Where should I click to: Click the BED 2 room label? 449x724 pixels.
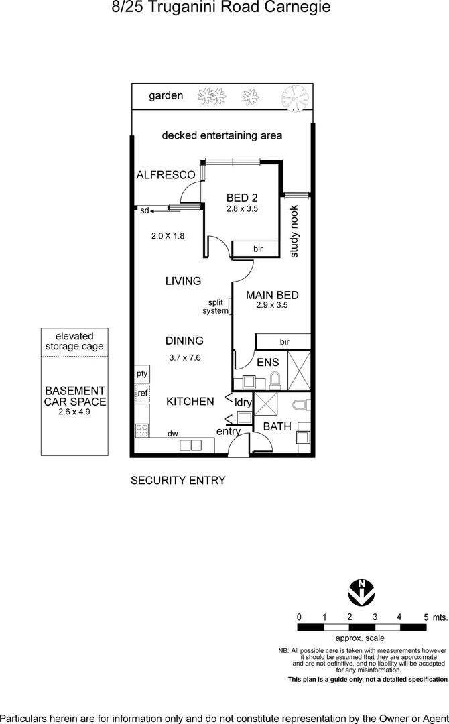(242, 198)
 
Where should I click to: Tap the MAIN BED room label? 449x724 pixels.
(272, 295)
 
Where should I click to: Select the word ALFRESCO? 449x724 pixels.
(166, 175)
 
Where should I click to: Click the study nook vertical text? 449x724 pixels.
(294, 232)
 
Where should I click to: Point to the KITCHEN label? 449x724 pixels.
(190, 402)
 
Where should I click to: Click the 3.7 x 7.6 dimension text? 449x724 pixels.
(185, 357)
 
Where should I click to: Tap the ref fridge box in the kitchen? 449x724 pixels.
(142, 394)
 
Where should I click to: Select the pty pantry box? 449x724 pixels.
(142, 374)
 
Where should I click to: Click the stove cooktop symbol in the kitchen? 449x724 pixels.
(142, 430)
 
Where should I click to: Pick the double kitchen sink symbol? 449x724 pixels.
(190, 444)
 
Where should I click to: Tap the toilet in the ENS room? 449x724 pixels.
(274, 381)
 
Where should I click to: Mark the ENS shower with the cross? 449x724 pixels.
(299, 370)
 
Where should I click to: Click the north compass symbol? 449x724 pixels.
(362, 592)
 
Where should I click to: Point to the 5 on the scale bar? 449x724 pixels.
(426, 617)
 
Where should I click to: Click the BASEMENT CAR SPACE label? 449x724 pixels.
(74, 396)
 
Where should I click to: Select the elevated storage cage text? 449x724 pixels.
(74, 341)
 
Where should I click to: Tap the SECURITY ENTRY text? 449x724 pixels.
(178, 480)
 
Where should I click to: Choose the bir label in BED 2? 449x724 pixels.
(258, 249)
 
